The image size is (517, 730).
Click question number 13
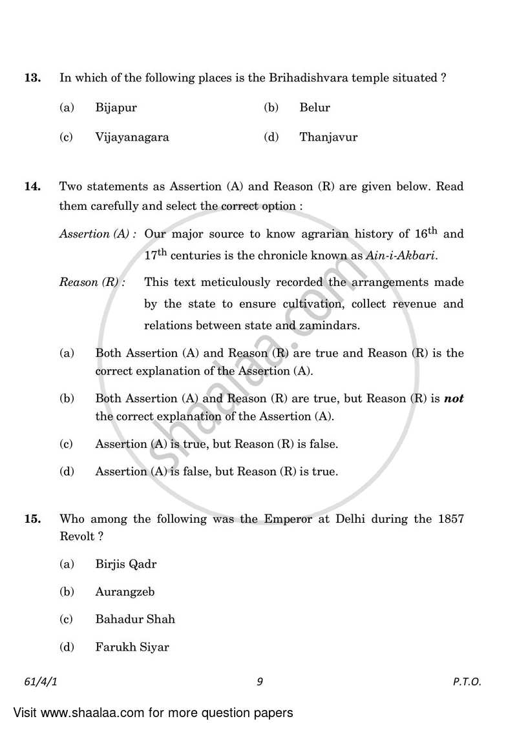pyautogui.click(x=32, y=78)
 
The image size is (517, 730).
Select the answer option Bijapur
pyautogui.click(x=116, y=108)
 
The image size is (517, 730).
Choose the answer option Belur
pyautogui.click(x=314, y=108)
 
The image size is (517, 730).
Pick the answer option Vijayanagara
pyautogui.click(x=132, y=137)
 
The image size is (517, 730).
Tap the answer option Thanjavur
pyautogui.click(x=328, y=137)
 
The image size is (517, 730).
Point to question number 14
pyautogui.click(x=32, y=187)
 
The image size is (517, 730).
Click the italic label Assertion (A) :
pyautogui.click(x=98, y=234)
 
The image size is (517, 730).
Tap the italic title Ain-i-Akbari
pyautogui.click(x=401, y=256)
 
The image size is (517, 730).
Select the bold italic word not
pyautogui.click(x=454, y=399)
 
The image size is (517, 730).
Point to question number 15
pyautogui.click(x=32, y=519)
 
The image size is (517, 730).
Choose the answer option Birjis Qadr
pyautogui.click(x=125, y=564)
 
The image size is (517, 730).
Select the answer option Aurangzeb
pyautogui.click(x=125, y=591)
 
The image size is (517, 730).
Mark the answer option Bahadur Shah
pyautogui.click(x=134, y=619)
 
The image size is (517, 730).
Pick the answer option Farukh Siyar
pyautogui.click(x=132, y=646)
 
